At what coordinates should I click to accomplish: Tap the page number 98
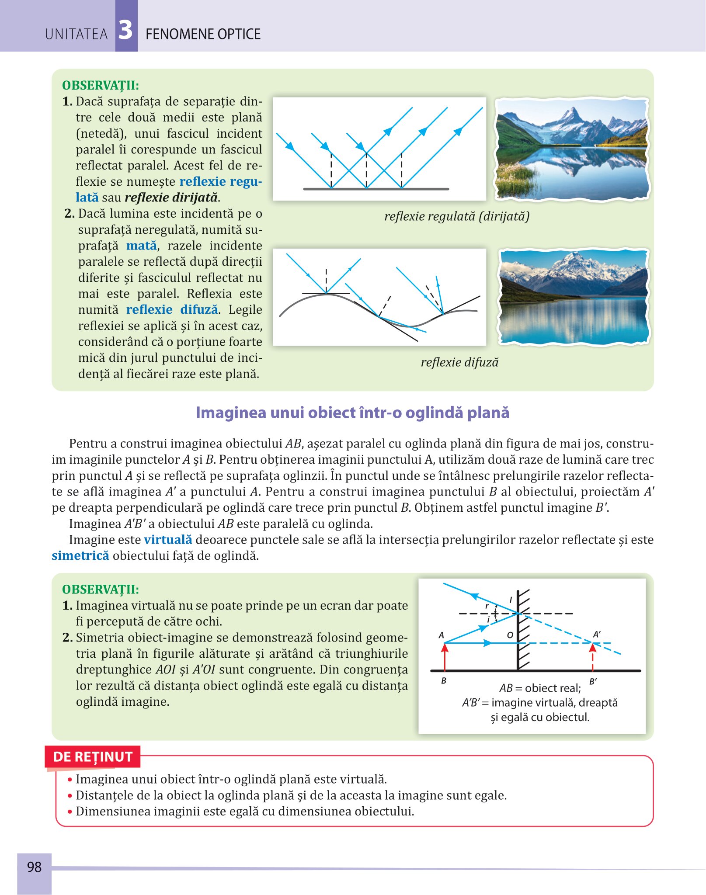point(34,867)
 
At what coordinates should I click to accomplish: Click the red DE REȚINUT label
point(93,756)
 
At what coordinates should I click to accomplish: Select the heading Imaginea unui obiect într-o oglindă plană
point(352,413)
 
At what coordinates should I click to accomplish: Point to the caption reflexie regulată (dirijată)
point(457,216)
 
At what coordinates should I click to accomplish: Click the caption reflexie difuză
point(459,362)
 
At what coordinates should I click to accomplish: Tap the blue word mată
point(141,246)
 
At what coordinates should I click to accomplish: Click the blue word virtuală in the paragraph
point(168,540)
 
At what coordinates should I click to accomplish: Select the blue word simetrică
point(80,556)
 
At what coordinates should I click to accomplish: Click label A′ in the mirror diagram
point(597,635)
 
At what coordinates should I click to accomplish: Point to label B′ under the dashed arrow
point(593,681)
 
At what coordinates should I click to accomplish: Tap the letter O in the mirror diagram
point(510,635)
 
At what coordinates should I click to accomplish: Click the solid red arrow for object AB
point(445,657)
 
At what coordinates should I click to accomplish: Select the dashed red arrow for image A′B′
point(593,657)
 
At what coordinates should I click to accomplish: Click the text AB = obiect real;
point(540,688)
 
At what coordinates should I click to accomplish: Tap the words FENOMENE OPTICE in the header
point(203,34)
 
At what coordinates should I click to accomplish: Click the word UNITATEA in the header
point(76,34)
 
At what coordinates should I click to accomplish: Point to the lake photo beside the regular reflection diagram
point(571,149)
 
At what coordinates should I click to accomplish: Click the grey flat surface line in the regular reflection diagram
point(376,189)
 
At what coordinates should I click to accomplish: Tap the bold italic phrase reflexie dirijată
point(171,198)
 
